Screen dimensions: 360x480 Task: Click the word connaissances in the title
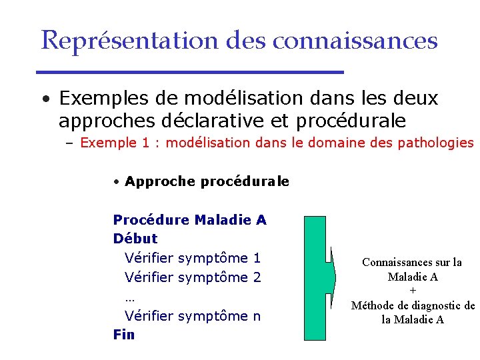tap(355, 41)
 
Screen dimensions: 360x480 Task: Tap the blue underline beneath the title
tap(189, 72)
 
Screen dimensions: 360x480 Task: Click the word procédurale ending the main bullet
tap(353, 121)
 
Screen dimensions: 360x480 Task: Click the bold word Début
tap(135, 239)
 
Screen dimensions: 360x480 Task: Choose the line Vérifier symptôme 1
tap(193, 258)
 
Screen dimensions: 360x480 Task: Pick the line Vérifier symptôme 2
tap(193, 277)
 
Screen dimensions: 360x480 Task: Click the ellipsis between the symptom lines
tap(129, 297)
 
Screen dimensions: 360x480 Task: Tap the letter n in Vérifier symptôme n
tap(257, 317)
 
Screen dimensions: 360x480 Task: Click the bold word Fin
tap(124, 335)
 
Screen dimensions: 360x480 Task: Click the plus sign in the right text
tap(413, 291)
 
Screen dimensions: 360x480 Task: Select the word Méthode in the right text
tap(373, 305)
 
